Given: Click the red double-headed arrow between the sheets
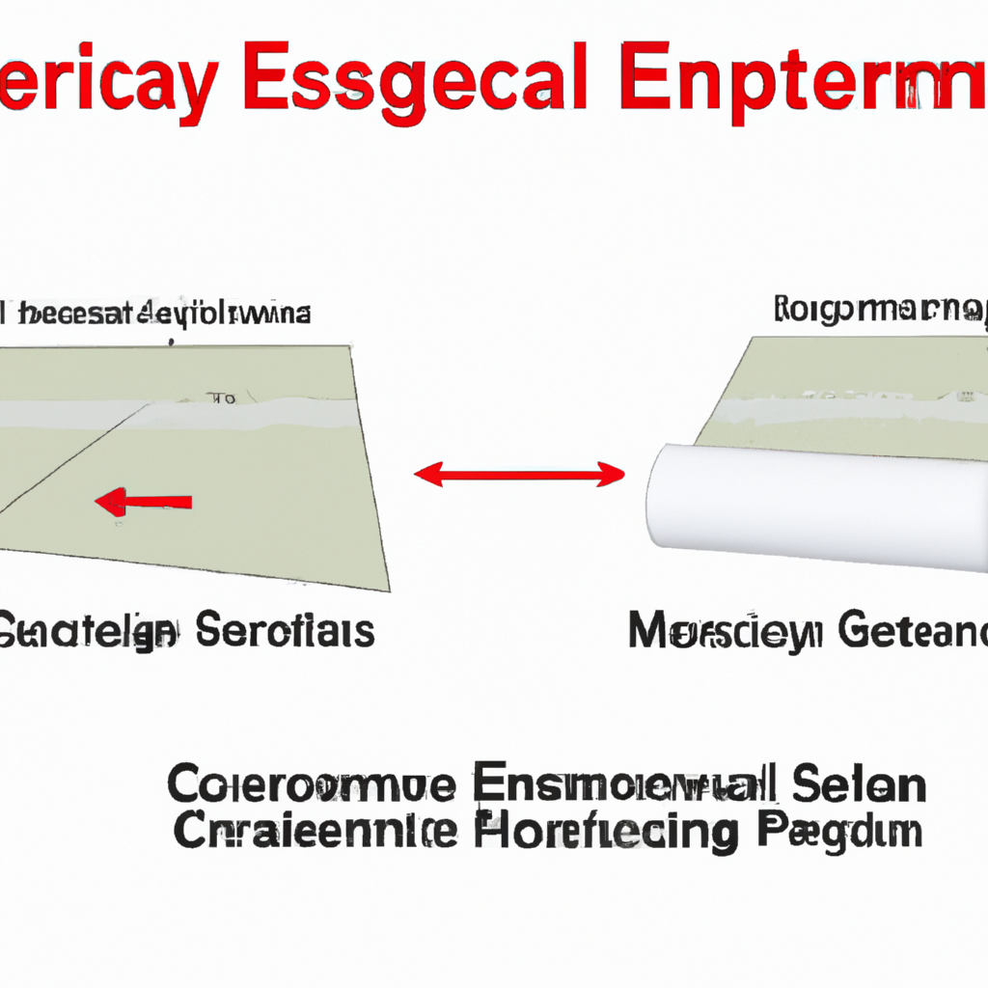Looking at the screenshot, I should [520, 474].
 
